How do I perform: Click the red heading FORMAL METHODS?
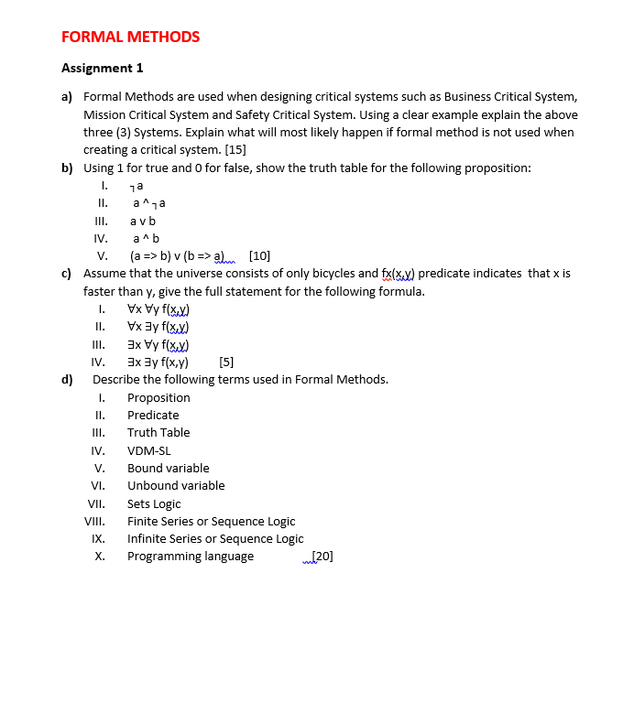(x=130, y=37)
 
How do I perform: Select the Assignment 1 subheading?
(x=102, y=68)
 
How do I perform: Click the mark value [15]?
(x=234, y=150)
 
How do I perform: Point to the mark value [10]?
(x=259, y=255)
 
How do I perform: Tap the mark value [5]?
(x=227, y=362)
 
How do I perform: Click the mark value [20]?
(x=322, y=556)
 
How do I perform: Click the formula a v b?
(x=143, y=221)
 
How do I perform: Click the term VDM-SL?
(x=148, y=450)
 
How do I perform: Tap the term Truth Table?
(x=158, y=432)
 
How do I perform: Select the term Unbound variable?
(x=176, y=485)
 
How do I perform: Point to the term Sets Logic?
(x=154, y=503)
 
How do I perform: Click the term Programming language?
(x=191, y=556)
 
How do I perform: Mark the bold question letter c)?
(x=67, y=273)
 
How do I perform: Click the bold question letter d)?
(x=67, y=379)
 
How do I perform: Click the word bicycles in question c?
(x=355, y=273)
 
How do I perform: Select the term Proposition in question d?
(x=158, y=397)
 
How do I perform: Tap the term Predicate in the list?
(x=153, y=415)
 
